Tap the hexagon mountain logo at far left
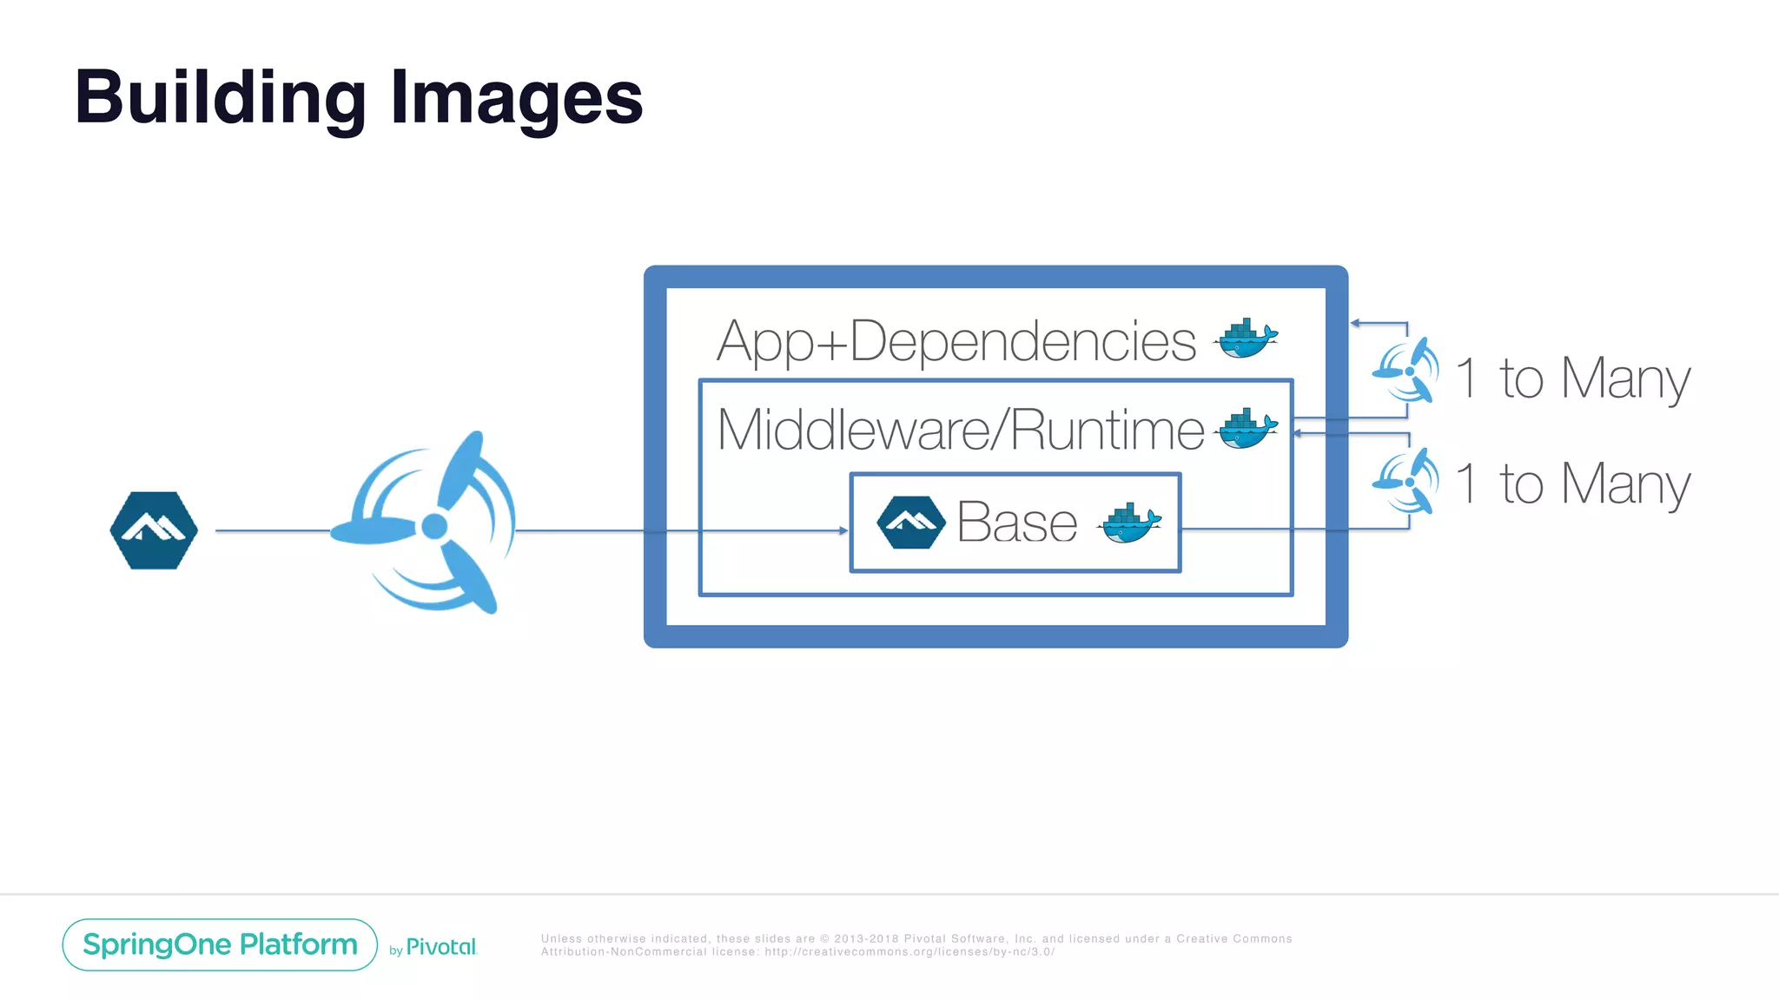[x=154, y=530]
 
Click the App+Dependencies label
[x=956, y=341]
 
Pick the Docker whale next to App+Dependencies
[x=1247, y=338]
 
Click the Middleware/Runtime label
[x=960, y=430]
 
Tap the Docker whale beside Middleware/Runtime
[x=1247, y=429]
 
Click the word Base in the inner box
[x=1016, y=523]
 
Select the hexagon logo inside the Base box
[x=910, y=523]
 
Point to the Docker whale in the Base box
[x=1129, y=523]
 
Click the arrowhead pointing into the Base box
[x=843, y=530]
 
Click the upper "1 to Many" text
[x=1572, y=378]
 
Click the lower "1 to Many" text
[x=1572, y=484]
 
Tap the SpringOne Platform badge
[x=220, y=944]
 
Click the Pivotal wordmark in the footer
[x=441, y=947]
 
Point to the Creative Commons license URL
[x=909, y=952]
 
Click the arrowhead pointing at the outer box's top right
[x=1355, y=323]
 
